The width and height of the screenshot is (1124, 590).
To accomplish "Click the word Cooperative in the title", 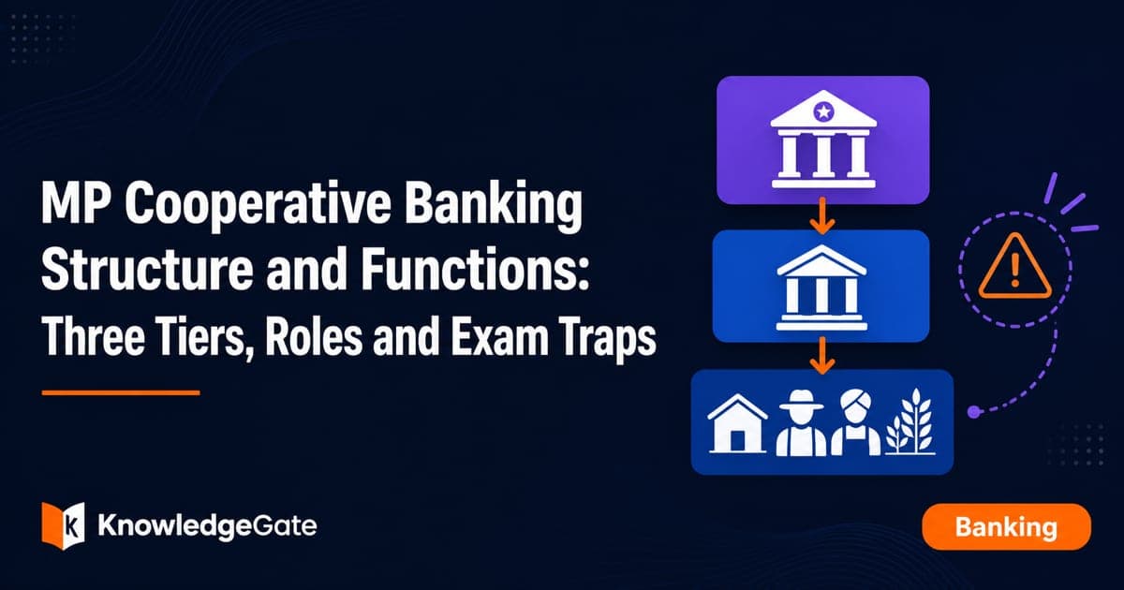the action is [258, 205].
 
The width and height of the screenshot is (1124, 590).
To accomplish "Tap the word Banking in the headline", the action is [494, 205].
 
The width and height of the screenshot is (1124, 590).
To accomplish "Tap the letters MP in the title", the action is [76, 205].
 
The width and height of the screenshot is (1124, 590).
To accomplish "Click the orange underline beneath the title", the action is [121, 392].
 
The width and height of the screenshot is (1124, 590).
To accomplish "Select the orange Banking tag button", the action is [1006, 526].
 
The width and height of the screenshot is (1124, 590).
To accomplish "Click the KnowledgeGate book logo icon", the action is [64, 525].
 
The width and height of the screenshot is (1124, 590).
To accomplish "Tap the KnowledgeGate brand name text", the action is [207, 526].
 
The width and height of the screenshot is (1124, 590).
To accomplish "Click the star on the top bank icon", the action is [823, 111].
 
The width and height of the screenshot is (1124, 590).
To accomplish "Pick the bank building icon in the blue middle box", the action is [821, 288].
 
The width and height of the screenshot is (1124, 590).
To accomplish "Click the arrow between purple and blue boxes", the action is [822, 216].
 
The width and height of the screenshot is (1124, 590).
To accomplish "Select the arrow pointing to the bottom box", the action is [822, 355].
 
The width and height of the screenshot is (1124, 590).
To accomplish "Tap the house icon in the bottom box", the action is [737, 423].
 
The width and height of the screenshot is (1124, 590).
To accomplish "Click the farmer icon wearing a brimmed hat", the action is [802, 423].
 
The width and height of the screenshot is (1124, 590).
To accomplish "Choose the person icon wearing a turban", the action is [855, 423].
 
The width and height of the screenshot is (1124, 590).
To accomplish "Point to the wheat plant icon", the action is [910, 421].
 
